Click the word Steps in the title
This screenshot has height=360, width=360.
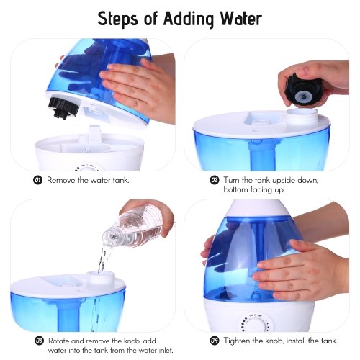(x=117, y=19)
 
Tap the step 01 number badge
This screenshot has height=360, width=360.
(x=37, y=180)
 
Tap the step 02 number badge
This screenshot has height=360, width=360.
(x=215, y=180)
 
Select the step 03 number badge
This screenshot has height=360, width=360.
(x=40, y=341)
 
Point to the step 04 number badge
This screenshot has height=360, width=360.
(x=215, y=341)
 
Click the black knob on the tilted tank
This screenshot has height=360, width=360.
(x=63, y=108)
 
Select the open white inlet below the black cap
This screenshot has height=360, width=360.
(x=302, y=116)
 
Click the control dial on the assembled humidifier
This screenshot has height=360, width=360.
(x=256, y=323)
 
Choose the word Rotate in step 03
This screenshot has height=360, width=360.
(x=59, y=341)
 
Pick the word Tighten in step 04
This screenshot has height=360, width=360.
(x=235, y=341)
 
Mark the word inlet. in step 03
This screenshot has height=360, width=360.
(x=163, y=351)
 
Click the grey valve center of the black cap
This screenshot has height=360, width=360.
(x=303, y=96)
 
